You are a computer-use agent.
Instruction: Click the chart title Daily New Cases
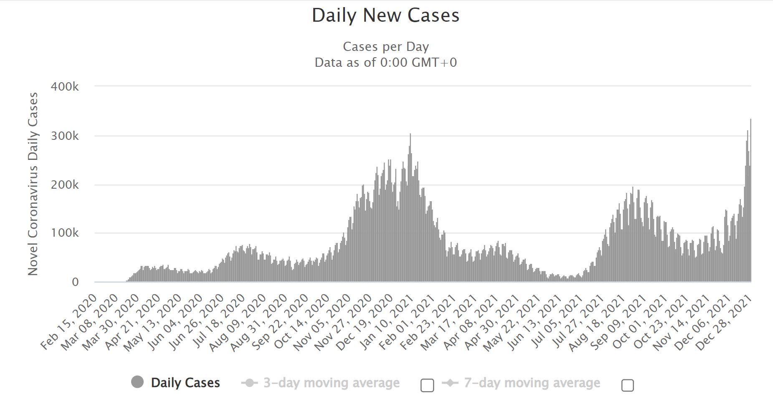(x=385, y=16)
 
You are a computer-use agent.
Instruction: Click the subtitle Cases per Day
(x=385, y=47)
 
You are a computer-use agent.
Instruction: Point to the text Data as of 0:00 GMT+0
(x=385, y=63)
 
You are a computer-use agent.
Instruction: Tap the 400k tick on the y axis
(x=65, y=87)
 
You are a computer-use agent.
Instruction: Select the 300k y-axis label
(x=65, y=136)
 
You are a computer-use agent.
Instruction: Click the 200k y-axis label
(x=65, y=185)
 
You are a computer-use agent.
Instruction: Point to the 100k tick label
(x=65, y=233)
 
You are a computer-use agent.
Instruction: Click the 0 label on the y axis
(x=75, y=282)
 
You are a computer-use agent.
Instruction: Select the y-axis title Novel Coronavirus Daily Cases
(x=33, y=184)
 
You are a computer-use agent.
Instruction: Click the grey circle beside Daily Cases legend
(x=137, y=382)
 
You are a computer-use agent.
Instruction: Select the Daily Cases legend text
(x=185, y=383)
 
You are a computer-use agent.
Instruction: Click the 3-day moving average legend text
(x=331, y=383)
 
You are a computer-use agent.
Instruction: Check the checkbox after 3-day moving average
(x=427, y=385)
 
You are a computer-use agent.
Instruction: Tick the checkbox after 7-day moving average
(x=627, y=385)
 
